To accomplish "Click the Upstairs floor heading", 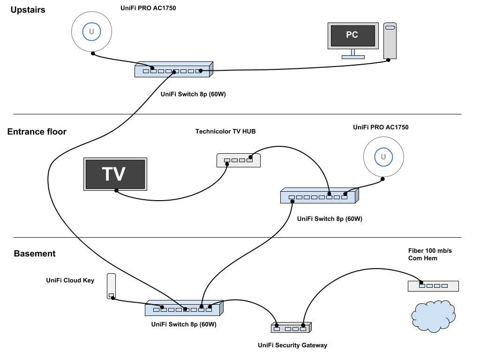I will coord(28,9).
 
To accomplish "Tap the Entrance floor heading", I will coord(37,132).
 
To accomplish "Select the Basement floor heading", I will coord(35,254).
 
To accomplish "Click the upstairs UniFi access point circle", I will coord(91,31).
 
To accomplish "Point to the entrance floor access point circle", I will coord(383,157).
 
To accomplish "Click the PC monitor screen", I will coord(352,35).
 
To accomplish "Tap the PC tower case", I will coord(390,41).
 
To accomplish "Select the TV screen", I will coord(115,174).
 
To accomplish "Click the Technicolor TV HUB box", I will coord(238,160).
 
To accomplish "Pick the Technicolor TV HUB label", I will coord(225,132).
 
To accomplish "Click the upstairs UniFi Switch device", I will coord(173,70).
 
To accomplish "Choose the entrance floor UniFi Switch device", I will coord(319,196).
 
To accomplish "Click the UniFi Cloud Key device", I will coord(111,286).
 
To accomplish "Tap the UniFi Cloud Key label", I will coord(70,280).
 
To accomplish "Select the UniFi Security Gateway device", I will coord(291,328).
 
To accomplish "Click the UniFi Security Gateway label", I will coord(292,345).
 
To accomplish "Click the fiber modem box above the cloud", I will coord(433,285).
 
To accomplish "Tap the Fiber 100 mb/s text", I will coord(430,251).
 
